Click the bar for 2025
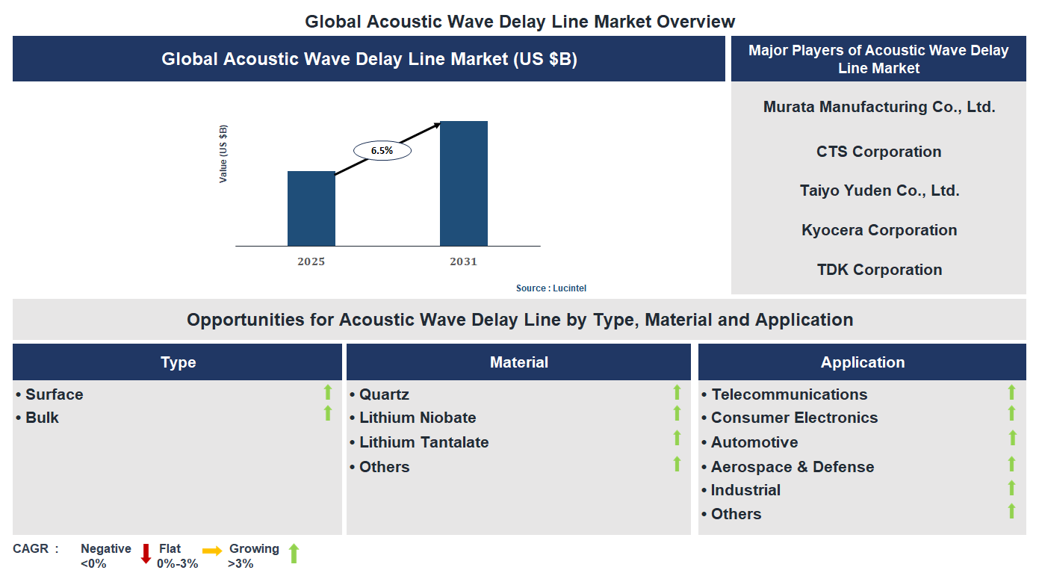click(x=311, y=208)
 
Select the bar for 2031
click(x=463, y=184)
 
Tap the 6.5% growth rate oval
click(x=382, y=150)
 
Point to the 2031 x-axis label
click(x=463, y=261)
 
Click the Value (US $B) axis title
click(x=223, y=154)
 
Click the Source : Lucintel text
click(x=556, y=288)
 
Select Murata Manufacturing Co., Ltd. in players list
click(x=878, y=107)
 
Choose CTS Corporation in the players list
click(x=878, y=152)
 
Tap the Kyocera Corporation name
click(x=878, y=230)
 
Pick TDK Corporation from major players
click(x=878, y=270)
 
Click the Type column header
click(x=178, y=362)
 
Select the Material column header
click(x=518, y=362)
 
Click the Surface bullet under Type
click(x=54, y=394)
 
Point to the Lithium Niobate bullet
click(x=417, y=418)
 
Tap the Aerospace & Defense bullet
click(x=792, y=467)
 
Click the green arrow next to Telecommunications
click(x=1011, y=392)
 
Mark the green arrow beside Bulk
click(x=327, y=413)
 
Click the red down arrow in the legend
click(x=146, y=554)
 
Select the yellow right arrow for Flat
click(x=212, y=551)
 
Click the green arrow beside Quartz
click(x=677, y=392)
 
